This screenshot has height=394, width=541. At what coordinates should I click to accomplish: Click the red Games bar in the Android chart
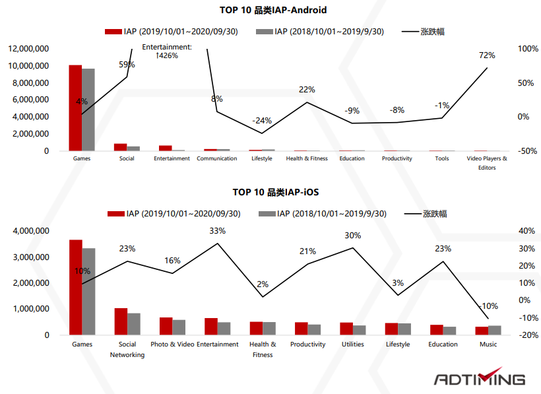pos(75,108)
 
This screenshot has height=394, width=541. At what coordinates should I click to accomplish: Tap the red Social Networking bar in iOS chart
pos(121,321)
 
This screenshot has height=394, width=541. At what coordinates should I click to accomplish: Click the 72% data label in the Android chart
pos(487,55)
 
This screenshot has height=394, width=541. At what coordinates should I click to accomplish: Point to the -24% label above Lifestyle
pos(262,121)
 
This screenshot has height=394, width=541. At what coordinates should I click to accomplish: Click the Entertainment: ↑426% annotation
pos(166,51)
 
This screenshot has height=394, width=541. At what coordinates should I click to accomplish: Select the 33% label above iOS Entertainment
pos(217,231)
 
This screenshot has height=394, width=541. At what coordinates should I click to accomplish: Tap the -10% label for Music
pos(488,306)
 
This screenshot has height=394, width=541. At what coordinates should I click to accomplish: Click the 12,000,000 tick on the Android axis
pos(28,49)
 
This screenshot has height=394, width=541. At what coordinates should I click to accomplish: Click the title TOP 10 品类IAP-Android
pos(273,10)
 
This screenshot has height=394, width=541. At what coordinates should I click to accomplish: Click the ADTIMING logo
pos(480,379)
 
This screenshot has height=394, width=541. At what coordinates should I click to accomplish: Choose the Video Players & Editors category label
pos(487,163)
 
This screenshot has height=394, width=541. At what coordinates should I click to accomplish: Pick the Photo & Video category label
pos(172,345)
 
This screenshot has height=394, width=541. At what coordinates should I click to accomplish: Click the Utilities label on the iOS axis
pos(352,345)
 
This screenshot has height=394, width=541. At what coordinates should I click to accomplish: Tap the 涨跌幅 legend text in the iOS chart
pos(433,214)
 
